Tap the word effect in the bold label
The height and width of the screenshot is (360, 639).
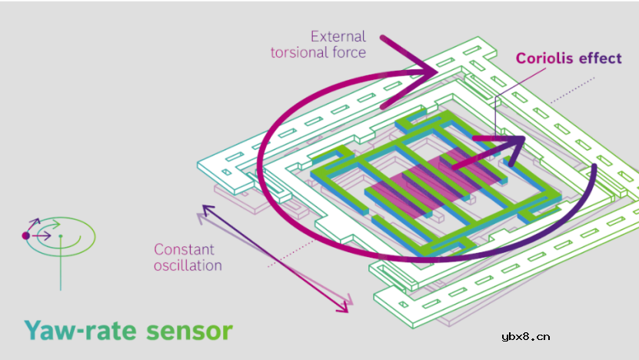(x=600, y=58)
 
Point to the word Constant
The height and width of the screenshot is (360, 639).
(x=184, y=249)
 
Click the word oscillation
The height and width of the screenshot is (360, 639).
(x=188, y=265)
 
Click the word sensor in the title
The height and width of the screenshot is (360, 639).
(x=188, y=331)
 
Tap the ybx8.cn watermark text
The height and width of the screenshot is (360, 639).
(x=525, y=336)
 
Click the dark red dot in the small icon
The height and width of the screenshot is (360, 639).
(x=25, y=235)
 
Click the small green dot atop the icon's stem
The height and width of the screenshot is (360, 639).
(x=61, y=236)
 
